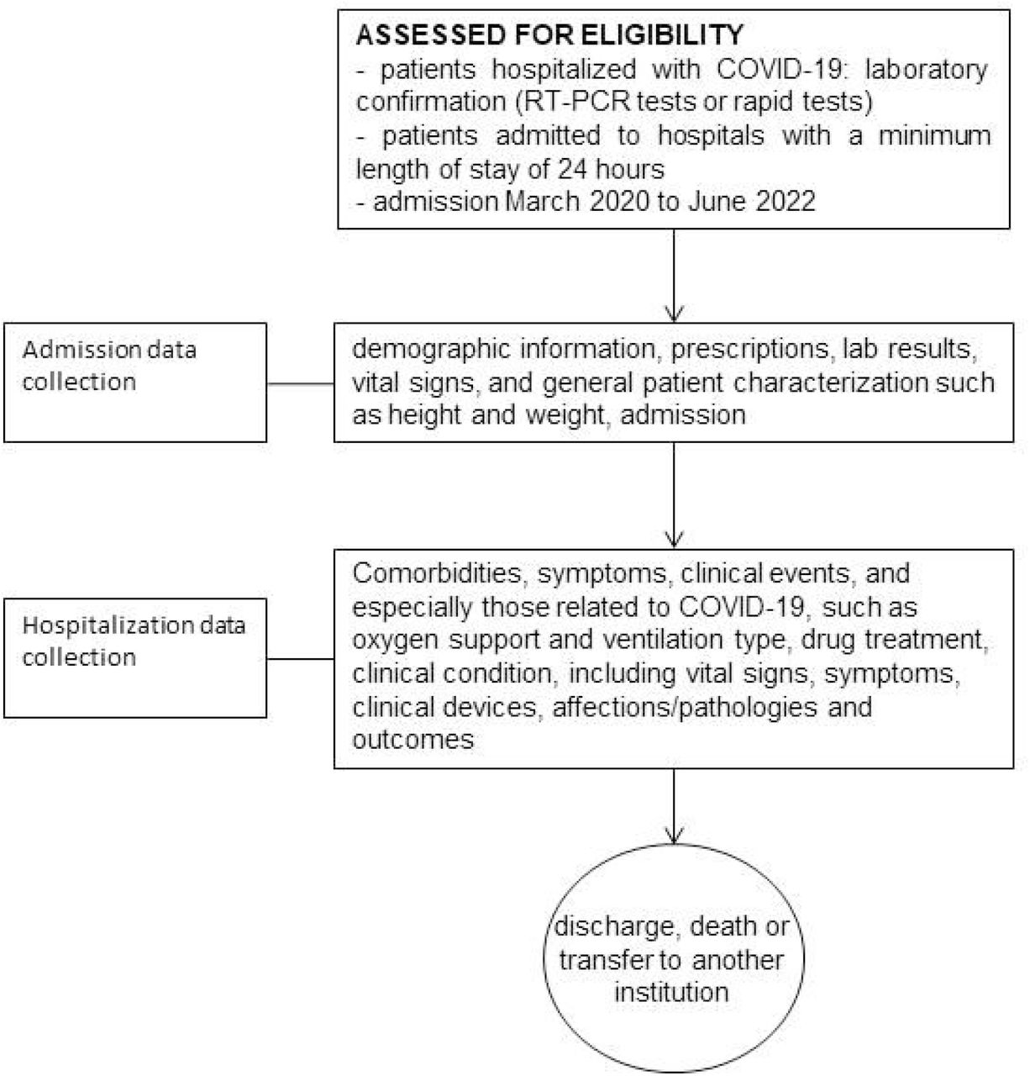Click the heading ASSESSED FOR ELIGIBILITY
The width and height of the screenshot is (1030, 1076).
pyautogui.click(x=549, y=34)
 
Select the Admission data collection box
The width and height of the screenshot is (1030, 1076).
pyautogui.click(x=135, y=382)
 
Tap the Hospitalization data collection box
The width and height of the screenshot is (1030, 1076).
pyautogui.click(x=135, y=658)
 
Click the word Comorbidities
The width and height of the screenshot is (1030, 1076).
pyautogui.click(x=437, y=573)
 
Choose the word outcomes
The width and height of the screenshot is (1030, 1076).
pyautogui.click(x=413, y=741)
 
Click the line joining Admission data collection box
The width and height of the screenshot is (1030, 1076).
pyautogui.click(x=300, y=383)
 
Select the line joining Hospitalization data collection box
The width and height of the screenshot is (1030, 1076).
pyautogui.click(x=300, y=658)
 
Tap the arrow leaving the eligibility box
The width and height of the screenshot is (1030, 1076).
pyautogui.click(x=674, y=276)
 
